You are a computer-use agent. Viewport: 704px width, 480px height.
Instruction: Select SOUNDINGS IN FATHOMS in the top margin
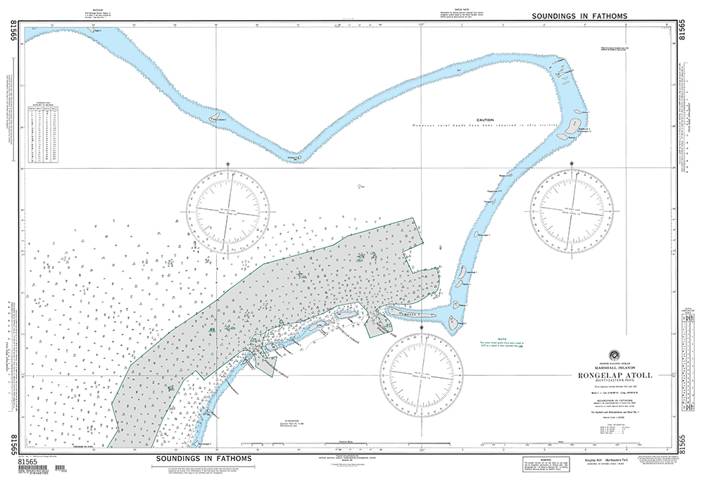point(579,15)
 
